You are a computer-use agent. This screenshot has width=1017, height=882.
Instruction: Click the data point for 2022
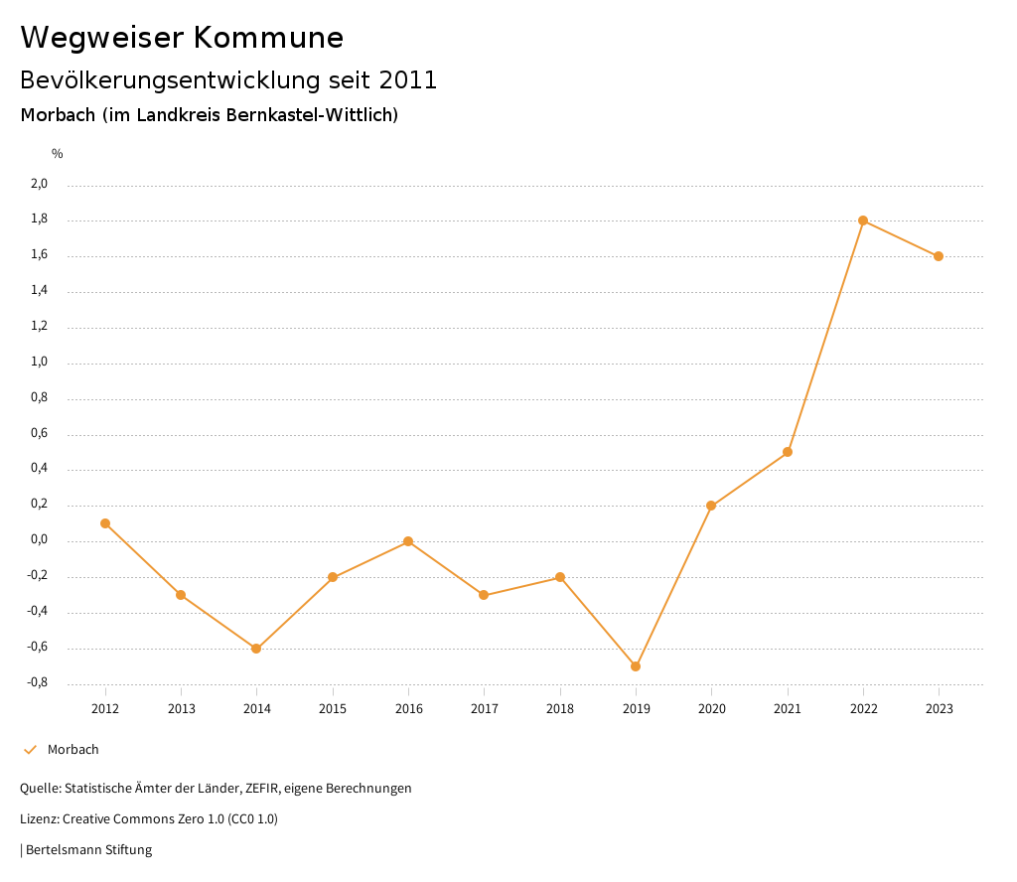(863, 220)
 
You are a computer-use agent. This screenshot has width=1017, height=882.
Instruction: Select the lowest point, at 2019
(636, 666)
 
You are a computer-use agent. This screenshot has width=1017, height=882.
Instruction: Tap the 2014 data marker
(256, 649)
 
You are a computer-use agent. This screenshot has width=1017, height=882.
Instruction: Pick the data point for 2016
(408, 541)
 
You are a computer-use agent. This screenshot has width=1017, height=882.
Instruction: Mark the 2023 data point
(939, 256)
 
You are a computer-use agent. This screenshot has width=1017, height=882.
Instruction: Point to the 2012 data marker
(105, 523)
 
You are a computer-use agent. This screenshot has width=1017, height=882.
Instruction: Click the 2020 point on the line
(711, 506)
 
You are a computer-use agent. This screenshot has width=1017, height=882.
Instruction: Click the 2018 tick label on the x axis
(560, 709)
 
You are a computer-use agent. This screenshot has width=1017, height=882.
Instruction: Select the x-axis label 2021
(788, 709)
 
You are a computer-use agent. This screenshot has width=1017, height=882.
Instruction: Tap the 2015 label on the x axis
(333, 709)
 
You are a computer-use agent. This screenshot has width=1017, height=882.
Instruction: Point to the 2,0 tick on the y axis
(39, 184)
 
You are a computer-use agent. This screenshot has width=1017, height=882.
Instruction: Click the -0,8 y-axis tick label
(37, 683)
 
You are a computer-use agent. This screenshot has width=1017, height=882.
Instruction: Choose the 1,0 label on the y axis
(39, 363)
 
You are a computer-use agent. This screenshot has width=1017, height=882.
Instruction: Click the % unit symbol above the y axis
(58, 154)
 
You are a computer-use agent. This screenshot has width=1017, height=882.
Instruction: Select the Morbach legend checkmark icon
(30, 750)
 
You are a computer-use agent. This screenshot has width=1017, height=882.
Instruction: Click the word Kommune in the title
(269, 38)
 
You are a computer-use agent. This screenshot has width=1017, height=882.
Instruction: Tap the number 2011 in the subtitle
(408, 80)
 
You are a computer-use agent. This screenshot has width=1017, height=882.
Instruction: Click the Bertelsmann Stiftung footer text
(88, 850)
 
